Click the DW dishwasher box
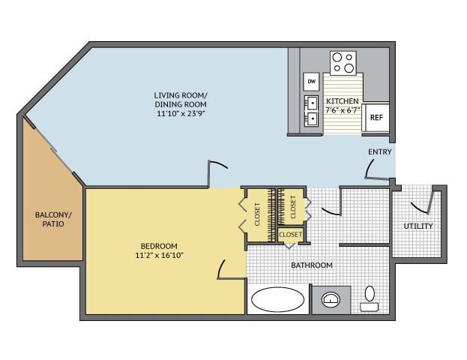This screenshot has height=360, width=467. [311, 82]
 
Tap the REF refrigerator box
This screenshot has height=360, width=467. [376, 118]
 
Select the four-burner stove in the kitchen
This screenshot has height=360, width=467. [343, 63]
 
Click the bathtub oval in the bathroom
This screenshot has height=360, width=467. [277, 299]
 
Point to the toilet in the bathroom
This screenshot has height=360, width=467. [370, 298]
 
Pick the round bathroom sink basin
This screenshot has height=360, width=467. [331, 299]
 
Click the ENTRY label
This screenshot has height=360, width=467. [380, 152]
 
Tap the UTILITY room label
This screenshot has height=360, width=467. [418, 226]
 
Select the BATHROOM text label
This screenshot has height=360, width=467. [312, 265]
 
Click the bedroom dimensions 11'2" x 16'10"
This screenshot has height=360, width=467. [159, 256]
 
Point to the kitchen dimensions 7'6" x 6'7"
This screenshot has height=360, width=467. [343, 110]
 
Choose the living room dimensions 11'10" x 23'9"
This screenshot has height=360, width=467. [181, 113]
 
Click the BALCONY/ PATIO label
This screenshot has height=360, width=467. [53, 219]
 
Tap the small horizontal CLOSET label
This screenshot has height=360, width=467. [290, 235]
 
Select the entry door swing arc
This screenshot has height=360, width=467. [369, 169]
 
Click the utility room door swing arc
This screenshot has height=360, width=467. [419, 208]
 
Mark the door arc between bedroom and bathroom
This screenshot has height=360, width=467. [221, 268]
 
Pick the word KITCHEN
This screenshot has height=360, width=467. [343, 101]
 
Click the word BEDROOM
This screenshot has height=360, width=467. [159, 246]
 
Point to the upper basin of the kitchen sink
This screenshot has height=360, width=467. [312, 103]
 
